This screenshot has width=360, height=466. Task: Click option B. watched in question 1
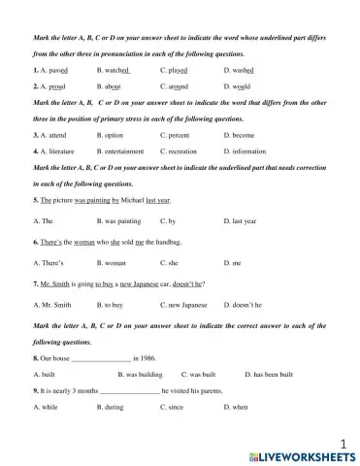[114, 71]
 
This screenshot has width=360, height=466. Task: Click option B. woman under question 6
[112, 262]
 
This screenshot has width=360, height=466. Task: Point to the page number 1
[343, 440]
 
